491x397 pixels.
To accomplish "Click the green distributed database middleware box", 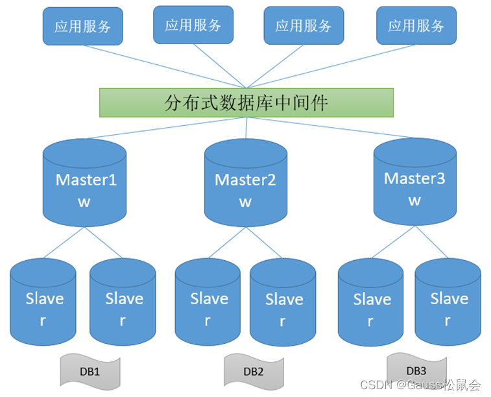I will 246,102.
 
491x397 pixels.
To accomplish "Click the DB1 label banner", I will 90,371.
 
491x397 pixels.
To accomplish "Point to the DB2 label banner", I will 253,371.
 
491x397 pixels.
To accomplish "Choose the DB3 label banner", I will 416,370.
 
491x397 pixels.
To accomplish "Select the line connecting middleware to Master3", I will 331,127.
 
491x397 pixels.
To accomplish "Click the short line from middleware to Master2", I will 246,128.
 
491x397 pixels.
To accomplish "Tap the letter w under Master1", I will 84,202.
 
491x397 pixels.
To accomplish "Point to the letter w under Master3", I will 415,200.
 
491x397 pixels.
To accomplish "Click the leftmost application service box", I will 82,27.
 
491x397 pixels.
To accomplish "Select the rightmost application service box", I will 416,26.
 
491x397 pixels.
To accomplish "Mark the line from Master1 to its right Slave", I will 102,243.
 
